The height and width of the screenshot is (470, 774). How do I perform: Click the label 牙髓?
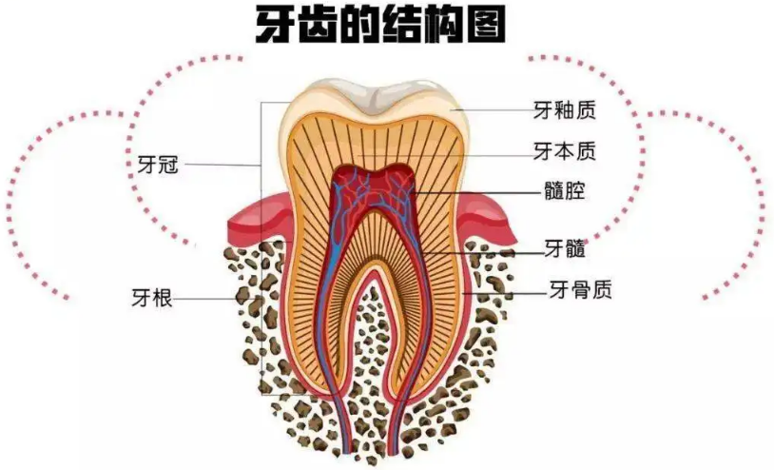tap(563, 250)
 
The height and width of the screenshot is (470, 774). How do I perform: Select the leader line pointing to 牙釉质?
tap(494, 110)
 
